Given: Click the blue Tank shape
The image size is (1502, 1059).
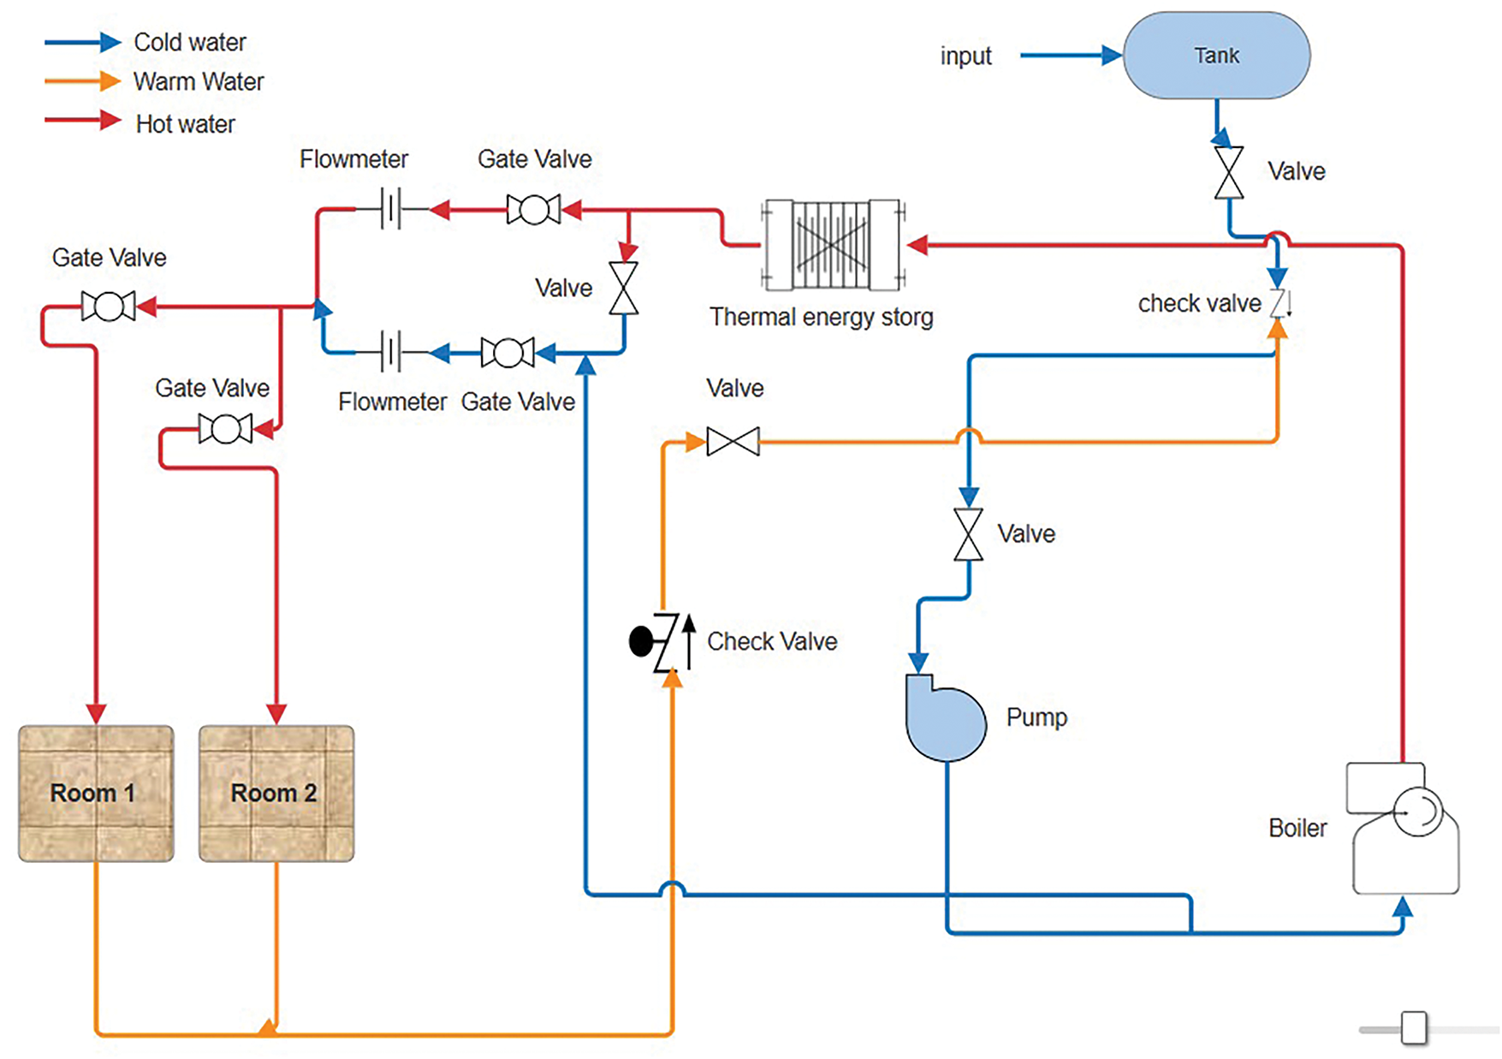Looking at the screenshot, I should click(1215, 56).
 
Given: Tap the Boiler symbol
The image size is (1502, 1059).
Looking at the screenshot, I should click(1404, 829).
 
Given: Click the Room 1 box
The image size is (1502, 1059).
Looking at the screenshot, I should click(96, 793).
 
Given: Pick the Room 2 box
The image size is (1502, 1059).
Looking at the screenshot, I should click(276, 793).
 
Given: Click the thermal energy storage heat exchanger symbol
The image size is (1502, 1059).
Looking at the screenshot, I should click(832, 245).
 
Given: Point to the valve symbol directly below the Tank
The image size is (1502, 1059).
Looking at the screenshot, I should click(1229, 173).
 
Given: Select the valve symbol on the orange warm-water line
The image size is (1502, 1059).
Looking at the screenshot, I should click(733, 442).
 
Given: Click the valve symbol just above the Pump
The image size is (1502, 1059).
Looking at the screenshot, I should click(968, 534).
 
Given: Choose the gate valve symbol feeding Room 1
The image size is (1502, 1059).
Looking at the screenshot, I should click(109, 306).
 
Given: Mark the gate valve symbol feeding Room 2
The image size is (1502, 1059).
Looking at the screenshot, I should click(225, 428).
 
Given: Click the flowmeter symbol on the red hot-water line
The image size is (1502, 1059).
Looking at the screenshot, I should click(391, 208).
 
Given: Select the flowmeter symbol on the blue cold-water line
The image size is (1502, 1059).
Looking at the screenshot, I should click(391, 351).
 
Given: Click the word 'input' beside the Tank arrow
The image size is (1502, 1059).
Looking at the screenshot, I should click(965, 56).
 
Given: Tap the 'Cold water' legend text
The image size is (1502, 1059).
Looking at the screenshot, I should click(189, 42).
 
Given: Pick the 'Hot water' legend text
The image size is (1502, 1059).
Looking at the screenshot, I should click(185, 124).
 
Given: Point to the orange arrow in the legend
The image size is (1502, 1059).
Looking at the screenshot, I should click(83, 81).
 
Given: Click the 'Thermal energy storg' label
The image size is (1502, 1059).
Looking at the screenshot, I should click(821, 318).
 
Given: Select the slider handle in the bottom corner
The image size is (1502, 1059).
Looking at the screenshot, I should click(1414, 1028).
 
